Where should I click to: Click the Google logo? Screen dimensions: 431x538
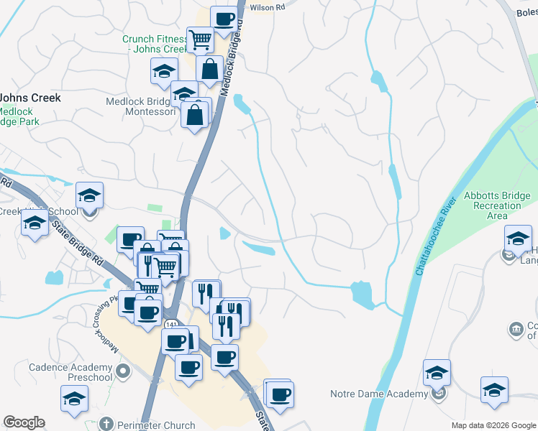pos(24,422)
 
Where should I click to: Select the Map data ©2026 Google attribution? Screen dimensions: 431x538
pos(493,425)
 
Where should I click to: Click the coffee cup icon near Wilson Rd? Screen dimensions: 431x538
pos(224,19)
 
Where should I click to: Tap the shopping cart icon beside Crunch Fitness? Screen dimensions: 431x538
pos(199,39)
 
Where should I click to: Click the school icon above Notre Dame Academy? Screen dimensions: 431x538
pos(436,373)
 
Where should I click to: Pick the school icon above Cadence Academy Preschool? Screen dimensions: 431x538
pos(74,399)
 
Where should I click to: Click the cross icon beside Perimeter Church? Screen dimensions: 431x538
pos(106,424)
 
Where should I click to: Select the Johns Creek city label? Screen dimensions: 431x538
pos(30,98)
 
